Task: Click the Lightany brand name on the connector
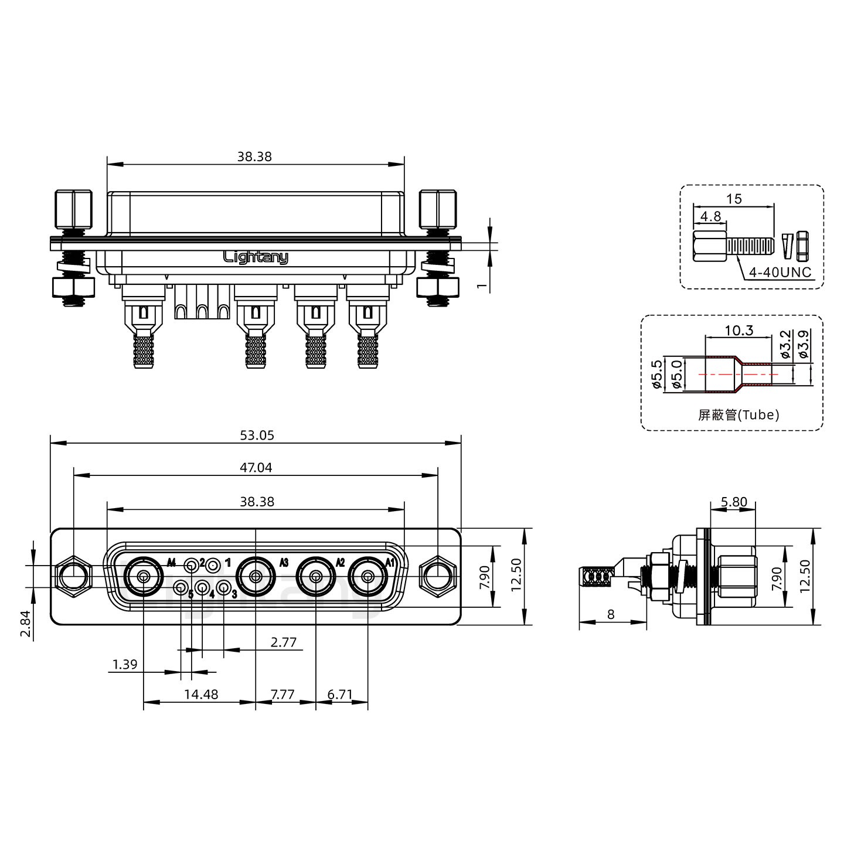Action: tap(256, 257)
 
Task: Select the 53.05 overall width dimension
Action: tap(257, 435)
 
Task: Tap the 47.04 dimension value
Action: tap(256, 468)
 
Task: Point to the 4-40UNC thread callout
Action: tap(780, 273)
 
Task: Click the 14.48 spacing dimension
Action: tap(201, 694)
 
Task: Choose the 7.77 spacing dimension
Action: tap(283, 694)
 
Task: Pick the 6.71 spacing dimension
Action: tap(340, 694)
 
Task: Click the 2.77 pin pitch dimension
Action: tap(283, 642)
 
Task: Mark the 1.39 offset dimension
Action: tap(125, 665)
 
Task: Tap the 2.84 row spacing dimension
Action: tap(25, 624)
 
